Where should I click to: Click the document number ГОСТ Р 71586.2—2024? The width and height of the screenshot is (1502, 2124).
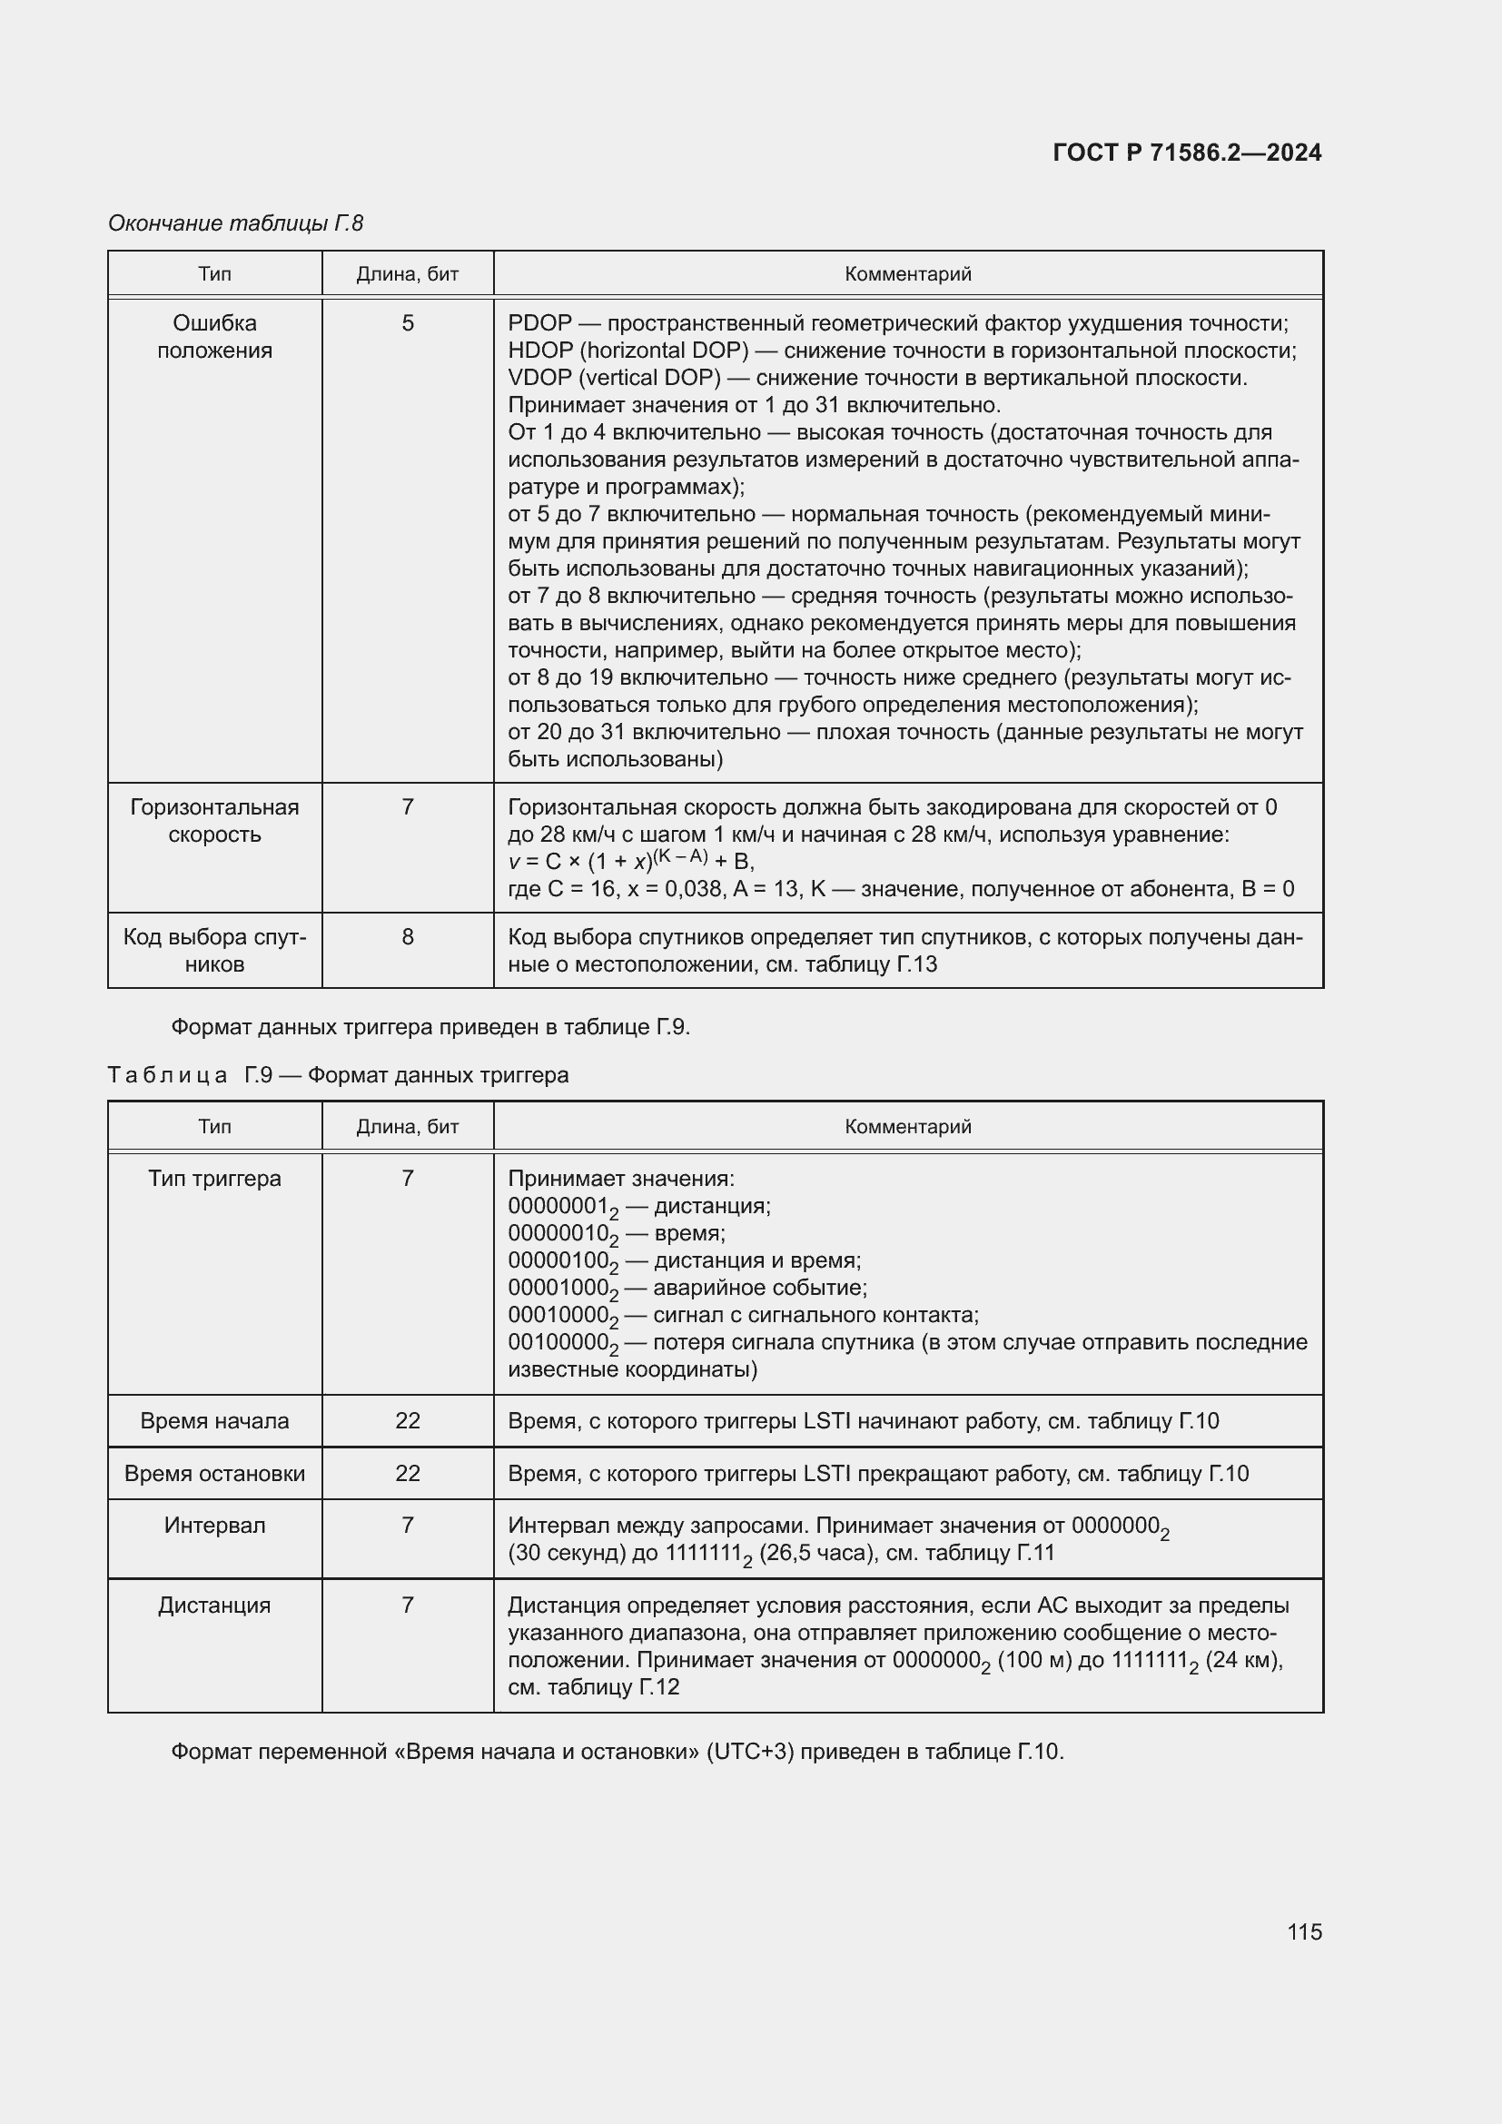[1187, 153]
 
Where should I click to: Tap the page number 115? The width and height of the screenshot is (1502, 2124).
[1304, 1931]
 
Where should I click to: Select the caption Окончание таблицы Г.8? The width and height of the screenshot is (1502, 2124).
[236, 223]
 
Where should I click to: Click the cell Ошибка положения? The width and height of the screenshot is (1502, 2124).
[214, 337]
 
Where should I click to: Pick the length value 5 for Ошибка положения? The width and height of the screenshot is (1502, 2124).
[408, 324]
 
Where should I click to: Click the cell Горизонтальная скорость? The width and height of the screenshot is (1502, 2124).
[214, 821]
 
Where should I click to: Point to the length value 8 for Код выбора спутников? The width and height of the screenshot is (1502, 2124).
[408, 937]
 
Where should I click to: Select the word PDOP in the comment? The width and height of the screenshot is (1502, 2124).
[540, 324]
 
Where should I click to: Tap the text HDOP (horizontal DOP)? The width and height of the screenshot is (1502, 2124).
[628, 351]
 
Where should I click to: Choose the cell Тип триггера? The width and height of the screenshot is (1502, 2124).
[214, 1179]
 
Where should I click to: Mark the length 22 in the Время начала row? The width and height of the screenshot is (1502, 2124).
[408, 1421]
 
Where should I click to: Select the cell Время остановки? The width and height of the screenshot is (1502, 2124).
[214, 1474]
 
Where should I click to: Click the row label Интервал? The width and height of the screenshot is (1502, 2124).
[214, 1526]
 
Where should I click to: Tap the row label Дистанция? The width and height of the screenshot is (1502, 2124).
[214, 1605]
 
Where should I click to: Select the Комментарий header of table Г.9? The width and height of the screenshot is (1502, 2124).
[907, 1127]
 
